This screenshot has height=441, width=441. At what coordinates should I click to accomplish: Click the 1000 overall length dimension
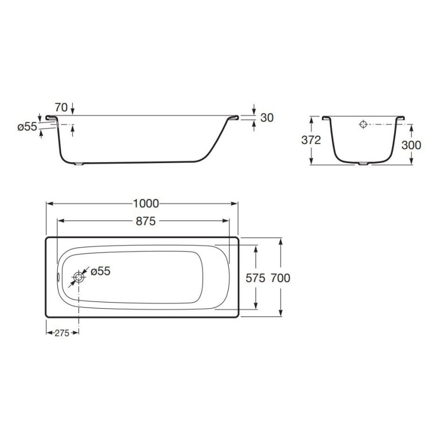pos(146,203)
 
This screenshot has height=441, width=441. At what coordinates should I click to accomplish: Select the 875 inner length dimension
pos(146,222)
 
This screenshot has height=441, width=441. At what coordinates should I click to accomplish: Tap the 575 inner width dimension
pos(255,278)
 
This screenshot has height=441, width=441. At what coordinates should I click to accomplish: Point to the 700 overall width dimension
pos(281,278)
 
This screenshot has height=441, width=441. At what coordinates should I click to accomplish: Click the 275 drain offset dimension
pos(62,333)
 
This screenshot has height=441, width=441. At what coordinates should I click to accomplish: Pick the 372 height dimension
pos(311,140)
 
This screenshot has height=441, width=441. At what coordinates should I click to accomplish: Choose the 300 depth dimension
pos(411,145)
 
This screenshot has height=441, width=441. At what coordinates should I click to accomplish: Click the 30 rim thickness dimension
pos(267,118)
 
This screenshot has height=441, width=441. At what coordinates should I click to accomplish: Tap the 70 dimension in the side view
pos(61,107)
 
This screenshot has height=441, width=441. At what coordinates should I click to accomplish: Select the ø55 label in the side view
pos(27,127)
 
